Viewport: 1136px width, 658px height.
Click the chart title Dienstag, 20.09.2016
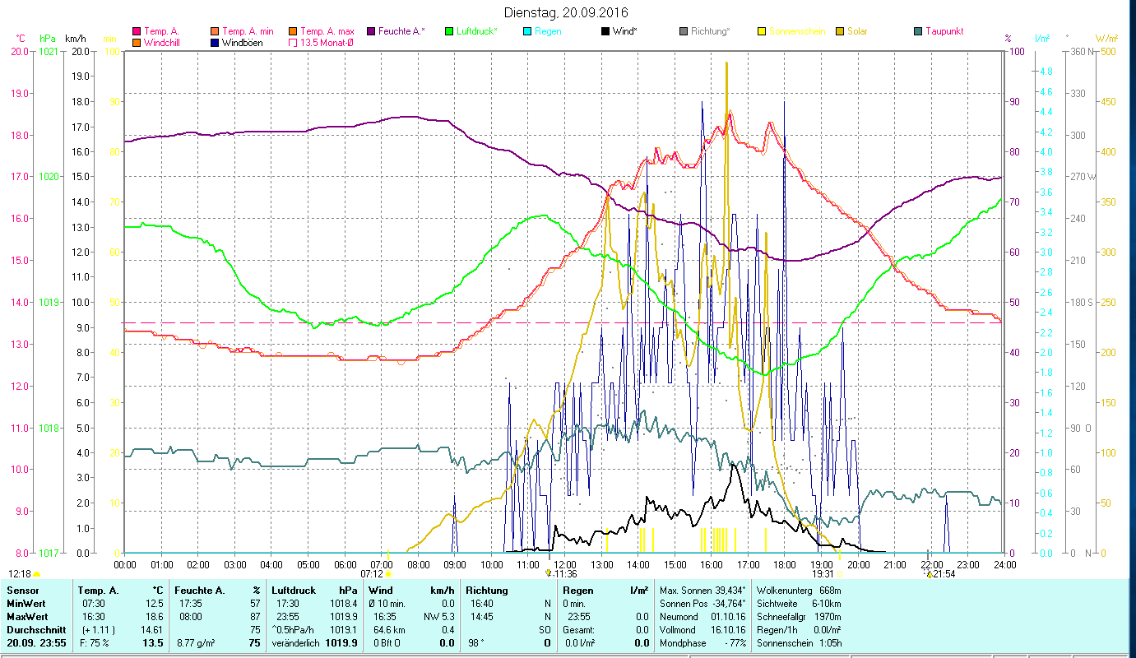[x=568, y=12]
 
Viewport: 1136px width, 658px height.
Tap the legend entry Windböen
[x=243, y=43]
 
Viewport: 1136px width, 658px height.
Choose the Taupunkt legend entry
[x=944, y=31]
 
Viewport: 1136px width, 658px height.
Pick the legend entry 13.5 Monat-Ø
[x=327, y=43]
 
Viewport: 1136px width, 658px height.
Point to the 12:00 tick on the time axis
[x=563, y=565]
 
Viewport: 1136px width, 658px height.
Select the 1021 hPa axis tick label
[x=49, y=52]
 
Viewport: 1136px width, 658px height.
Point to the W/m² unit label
[x=1106, y=38]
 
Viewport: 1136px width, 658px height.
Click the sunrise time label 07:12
[x=371, y=574]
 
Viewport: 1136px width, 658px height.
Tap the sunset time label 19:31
[x=823, y=574]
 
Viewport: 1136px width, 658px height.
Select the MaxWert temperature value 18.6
[x=153, y=617]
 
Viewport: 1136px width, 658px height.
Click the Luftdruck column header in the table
[x=294, y=591]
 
